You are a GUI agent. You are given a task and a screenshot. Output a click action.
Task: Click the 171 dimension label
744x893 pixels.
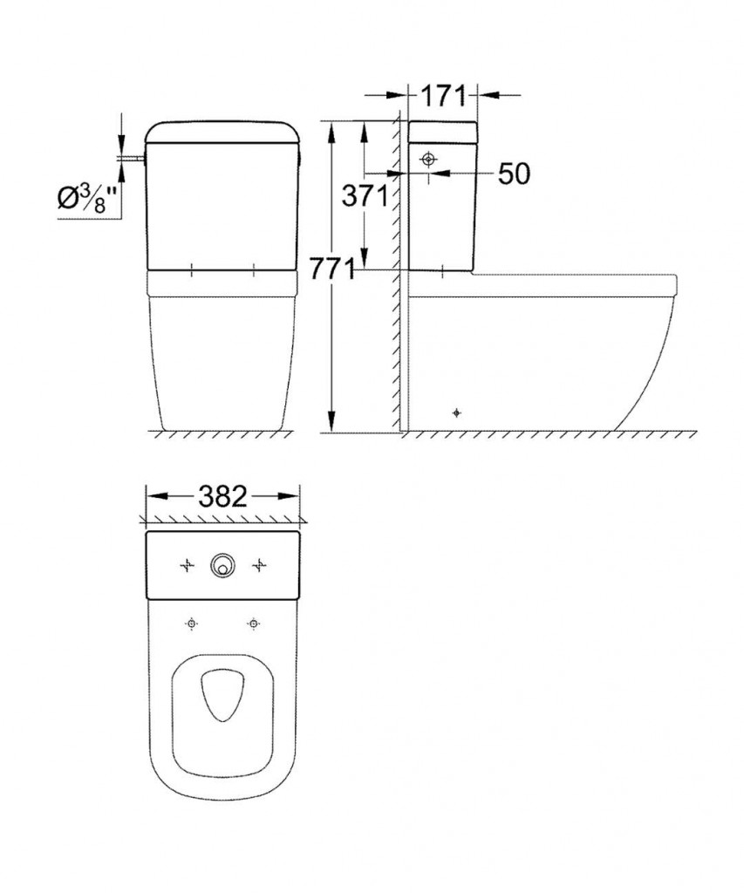(443, 96)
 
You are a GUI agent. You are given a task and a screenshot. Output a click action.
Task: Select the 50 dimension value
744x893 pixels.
(514, 174)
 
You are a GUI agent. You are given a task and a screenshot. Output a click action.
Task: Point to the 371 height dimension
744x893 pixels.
(365, 196)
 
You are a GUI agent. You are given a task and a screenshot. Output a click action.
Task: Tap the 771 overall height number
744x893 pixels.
(332, 269)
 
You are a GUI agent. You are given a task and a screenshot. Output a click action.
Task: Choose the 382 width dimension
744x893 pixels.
(222, 496)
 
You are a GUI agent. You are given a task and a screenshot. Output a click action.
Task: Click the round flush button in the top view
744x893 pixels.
(222, 565)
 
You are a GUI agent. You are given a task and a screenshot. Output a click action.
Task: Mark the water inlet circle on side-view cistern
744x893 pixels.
(429, 160)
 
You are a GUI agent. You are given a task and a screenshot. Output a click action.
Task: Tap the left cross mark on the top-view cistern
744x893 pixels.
(187, 565)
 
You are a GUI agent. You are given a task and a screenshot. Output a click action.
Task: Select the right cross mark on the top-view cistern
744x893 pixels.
(259, 565)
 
